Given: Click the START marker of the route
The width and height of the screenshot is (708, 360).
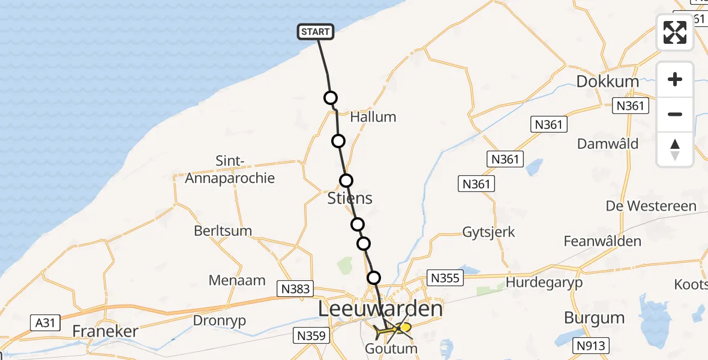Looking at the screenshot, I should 315,32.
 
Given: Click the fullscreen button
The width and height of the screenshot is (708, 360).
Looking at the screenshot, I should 675,32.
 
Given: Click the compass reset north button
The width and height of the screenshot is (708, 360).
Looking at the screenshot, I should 675,149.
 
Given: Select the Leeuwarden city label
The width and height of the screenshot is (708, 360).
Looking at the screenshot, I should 380,310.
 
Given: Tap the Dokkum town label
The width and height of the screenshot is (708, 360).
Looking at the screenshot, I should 607,82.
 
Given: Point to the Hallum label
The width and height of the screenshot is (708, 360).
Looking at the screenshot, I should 373,117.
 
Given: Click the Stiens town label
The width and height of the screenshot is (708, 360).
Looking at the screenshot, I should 350,198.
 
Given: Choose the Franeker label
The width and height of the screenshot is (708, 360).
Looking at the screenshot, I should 105,331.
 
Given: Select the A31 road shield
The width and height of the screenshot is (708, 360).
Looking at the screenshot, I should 45,323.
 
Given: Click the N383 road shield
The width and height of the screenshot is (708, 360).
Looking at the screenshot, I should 296,289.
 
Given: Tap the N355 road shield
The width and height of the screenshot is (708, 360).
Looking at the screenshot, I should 445,278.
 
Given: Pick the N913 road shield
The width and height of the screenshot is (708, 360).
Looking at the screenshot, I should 591,346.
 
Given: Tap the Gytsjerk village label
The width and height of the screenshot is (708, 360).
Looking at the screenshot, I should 488,232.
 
